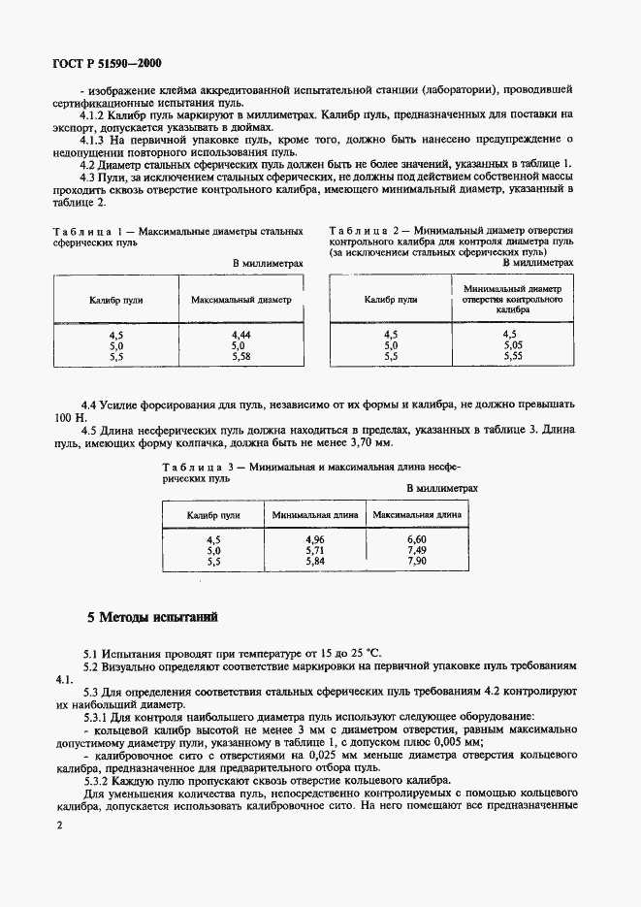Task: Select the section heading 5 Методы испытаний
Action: point(152,616)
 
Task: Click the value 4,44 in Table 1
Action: point(240,334)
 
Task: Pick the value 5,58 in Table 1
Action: point(240,356)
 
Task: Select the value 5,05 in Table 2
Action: point(513,344)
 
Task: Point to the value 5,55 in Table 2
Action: point(513,356)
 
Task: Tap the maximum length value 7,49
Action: point(416,549)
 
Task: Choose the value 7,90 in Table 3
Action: point(416,561)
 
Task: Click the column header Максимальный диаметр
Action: point(240,300)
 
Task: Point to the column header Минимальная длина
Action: point(315,514)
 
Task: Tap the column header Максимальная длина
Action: point(417,514)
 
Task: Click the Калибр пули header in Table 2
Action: point(391,300)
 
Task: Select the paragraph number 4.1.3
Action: point(98,139)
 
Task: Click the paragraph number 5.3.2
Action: point(100,780)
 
